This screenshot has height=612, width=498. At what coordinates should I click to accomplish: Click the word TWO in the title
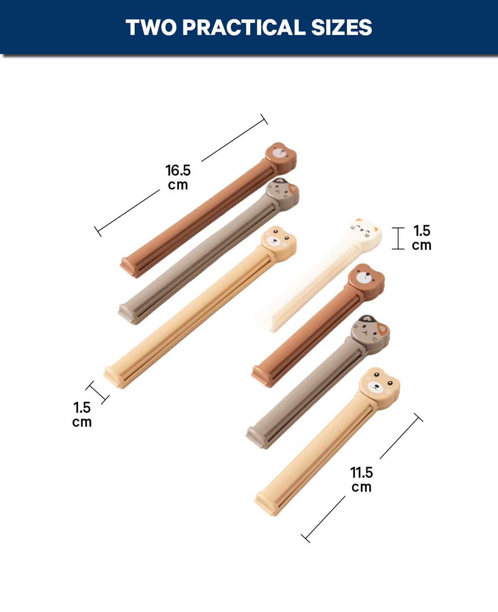pos(151,27)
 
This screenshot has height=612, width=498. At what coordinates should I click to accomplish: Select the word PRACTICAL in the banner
pos(244,27)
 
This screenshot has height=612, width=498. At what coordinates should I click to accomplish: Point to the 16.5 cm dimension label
pos(178,177)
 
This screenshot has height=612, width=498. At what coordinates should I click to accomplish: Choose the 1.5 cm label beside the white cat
pos(422,238)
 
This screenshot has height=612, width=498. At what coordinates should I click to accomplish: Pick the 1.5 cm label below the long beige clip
pos(82,415)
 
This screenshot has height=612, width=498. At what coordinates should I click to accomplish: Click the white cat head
pos(364,231)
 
